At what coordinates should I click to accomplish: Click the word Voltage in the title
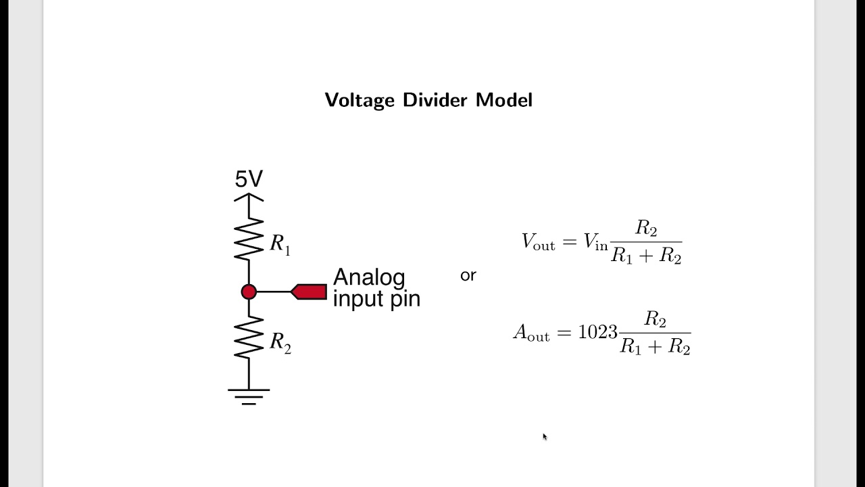(x=359, y=100)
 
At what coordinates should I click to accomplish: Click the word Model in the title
(x=504, y=100)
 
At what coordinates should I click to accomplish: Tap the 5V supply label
(x=249, y=179)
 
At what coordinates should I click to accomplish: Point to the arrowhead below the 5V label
(x=249, y=198)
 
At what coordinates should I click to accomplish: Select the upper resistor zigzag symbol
(x=249, y=239)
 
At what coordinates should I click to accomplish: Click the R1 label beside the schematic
(x=280, y=244)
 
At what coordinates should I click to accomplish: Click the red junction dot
(x=249, y=292)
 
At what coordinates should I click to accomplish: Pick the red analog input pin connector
(x=310, y=292)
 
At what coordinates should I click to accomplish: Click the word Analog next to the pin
(x=369, y=277)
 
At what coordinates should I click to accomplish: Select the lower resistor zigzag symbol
(x=249, y=338)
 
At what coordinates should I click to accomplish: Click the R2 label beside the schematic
(x=280, y=342)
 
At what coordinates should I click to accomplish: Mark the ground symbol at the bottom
(x=249, y=396)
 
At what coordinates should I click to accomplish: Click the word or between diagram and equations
(x=468, y=275)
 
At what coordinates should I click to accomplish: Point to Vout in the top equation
(x=538, y=242)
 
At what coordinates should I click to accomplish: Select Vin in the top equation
(x=596, y=242)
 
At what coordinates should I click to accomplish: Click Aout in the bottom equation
(x=531, y=333)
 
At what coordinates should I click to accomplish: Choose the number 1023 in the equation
(x=597, y=332)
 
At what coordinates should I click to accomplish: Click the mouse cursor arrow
(x=545, y=437)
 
